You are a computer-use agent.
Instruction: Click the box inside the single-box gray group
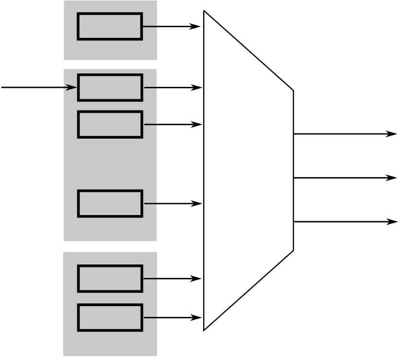coord(110,26)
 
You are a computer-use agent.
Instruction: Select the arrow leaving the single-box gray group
coord(171,26)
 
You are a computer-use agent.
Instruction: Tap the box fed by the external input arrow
coord(110,87)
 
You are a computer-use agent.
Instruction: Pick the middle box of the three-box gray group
coord(110,124)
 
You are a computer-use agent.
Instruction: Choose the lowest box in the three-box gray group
coord(110,204)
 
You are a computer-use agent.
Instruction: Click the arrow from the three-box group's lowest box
coord(172,204)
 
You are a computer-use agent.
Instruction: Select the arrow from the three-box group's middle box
coord(172,124)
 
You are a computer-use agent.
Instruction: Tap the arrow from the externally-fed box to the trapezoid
coord(172,87)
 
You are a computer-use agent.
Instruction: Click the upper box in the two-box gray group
coord(110,278)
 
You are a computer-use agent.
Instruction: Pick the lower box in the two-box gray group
coord(110,317)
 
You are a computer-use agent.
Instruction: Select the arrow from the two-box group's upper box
coord(171,278)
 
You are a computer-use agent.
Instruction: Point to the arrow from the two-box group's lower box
coord(171,317)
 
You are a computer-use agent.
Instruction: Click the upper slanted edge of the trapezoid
coord(249,50)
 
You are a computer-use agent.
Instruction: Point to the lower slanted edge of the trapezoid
coord(249,290)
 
